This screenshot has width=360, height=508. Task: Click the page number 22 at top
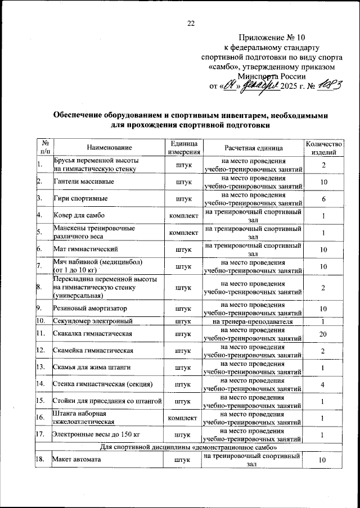pos(190,23)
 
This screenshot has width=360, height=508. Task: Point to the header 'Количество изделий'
pos(323,147)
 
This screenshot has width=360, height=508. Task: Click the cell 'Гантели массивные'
pos(84,182)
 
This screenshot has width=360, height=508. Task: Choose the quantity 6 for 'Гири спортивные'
pos(323,199)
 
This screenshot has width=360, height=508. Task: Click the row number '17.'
pos(40,434)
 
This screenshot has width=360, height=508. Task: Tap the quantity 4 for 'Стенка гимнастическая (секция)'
pos(323,384)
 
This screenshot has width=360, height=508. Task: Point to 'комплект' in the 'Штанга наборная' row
pos(183,418)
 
